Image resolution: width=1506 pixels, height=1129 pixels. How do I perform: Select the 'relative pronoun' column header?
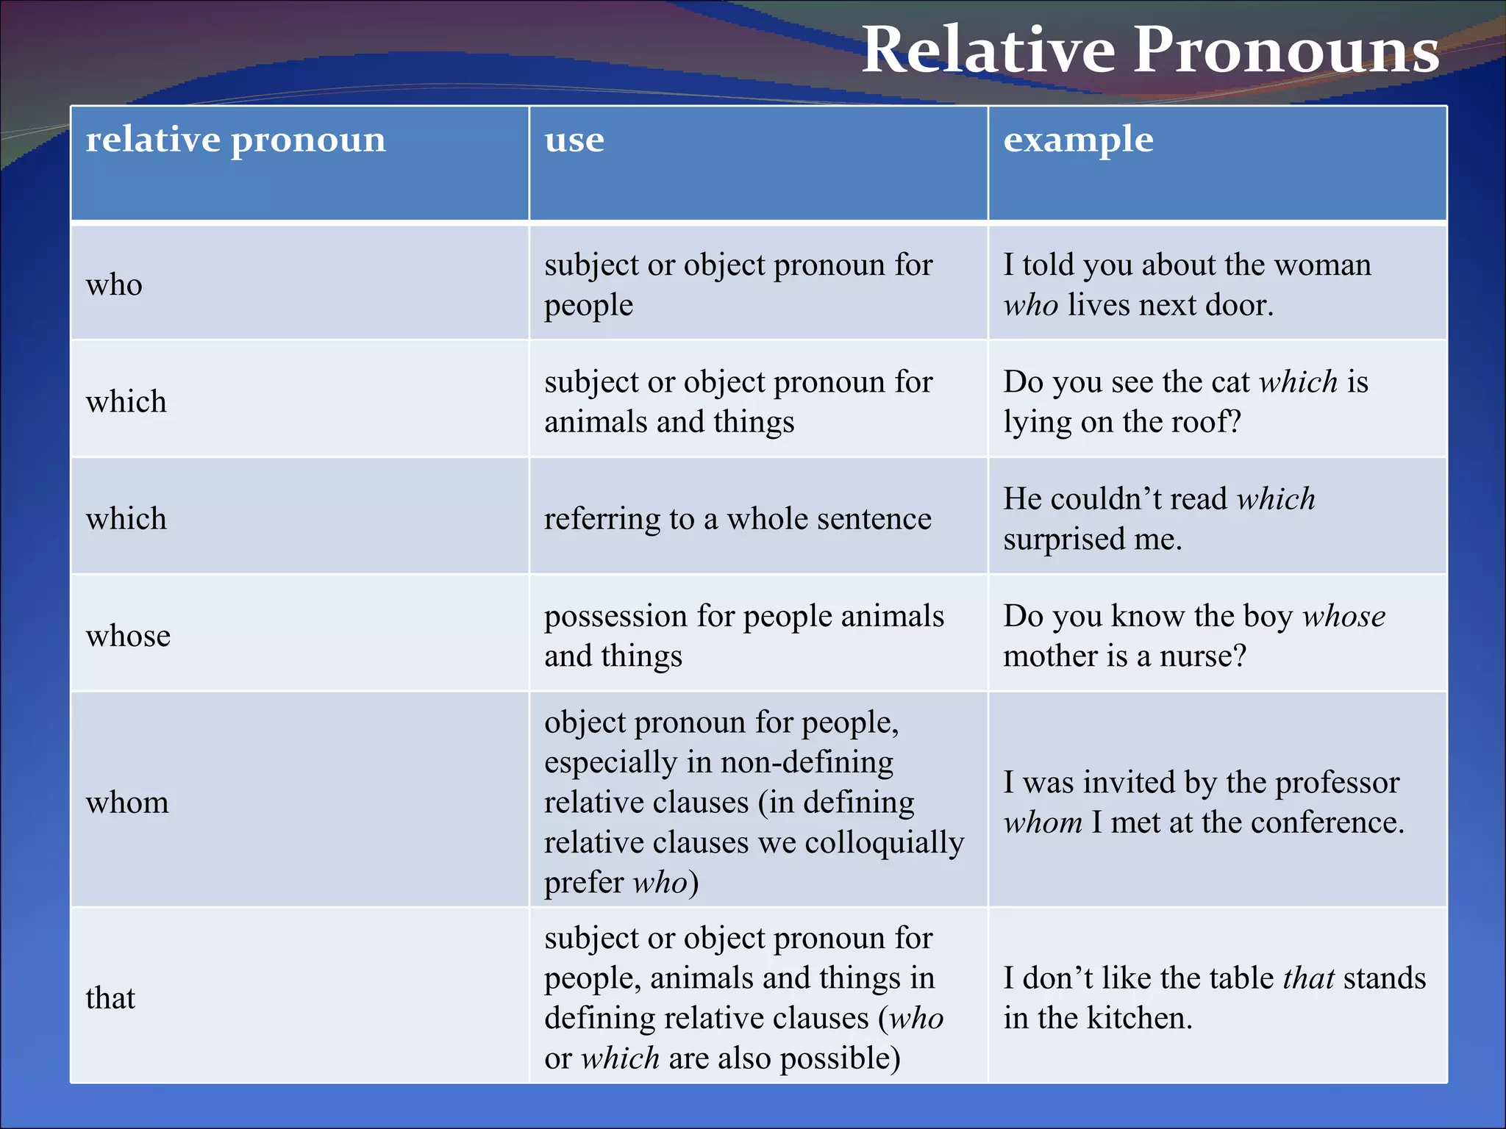(x=235, y=140)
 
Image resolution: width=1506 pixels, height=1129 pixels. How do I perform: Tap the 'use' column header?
(x=574, y=140)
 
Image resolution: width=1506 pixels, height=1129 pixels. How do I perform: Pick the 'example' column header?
(x=1078, y=140)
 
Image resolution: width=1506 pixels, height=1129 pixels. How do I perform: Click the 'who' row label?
(x=114, y=284)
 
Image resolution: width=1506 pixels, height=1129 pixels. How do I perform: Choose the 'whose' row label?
(x=128, y=636)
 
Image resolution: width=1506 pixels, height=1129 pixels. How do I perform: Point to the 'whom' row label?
(x=127, y=802)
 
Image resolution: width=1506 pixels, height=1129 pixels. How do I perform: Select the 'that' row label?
(x=110, y=998)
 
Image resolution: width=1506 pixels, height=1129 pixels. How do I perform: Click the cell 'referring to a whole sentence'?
(x=738, y=519)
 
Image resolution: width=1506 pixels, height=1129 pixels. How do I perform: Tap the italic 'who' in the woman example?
(x=1031, y=305)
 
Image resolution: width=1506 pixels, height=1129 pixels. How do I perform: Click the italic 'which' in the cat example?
(x=1298, y=382)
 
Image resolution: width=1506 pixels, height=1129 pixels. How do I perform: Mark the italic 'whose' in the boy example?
(x=1343, y=616)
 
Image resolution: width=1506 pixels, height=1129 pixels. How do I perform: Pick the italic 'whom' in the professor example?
(x=1043, y=822)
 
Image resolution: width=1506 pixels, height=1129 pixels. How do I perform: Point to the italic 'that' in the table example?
(x=1308, y=978)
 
